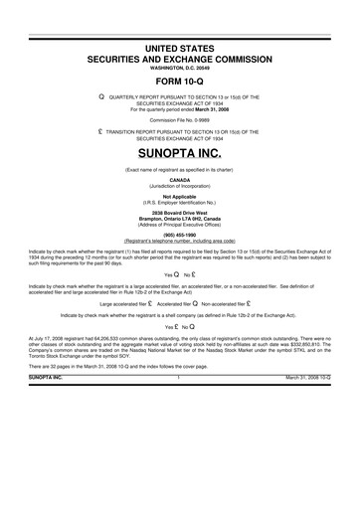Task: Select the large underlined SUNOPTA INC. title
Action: pyautogui.click(x=179, y=156)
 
